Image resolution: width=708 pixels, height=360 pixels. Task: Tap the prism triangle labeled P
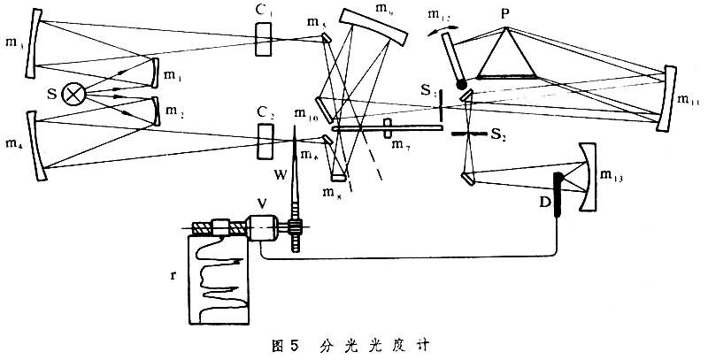coord(508,54)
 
